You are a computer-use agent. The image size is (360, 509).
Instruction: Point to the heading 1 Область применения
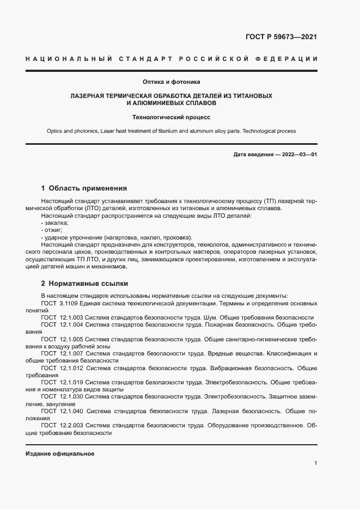coord(84,188)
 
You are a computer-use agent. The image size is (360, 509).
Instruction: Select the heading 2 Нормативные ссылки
coord(84,284)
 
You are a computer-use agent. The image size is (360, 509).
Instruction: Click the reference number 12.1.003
coord(71,317)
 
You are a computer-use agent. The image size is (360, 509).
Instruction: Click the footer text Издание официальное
coord(60,454)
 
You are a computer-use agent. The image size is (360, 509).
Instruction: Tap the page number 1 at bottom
coord(315,463)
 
